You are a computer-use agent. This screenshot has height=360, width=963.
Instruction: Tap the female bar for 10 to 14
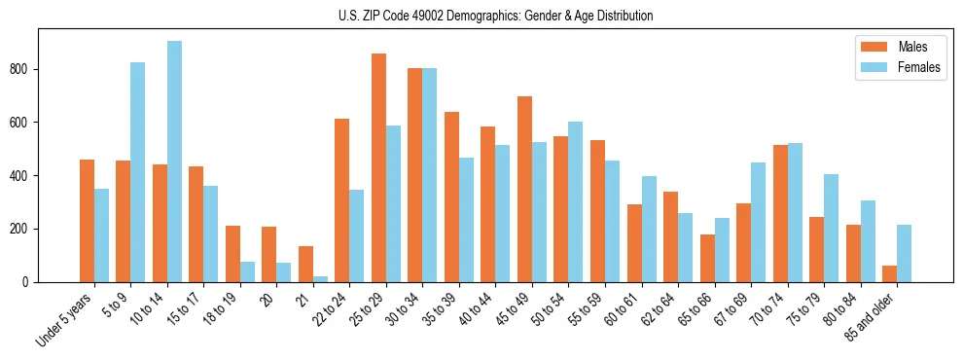174,162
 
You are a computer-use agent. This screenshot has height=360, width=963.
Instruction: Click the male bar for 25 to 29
378,167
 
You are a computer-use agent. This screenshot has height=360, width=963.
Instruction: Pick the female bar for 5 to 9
138,172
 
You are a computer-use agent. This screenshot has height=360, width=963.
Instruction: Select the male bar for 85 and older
889,273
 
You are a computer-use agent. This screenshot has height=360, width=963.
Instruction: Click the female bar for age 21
320,279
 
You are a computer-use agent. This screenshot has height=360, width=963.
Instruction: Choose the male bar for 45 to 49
524,189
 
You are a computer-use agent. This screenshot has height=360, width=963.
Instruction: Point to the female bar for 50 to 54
576,201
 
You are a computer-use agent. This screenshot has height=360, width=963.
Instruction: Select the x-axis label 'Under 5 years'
64,319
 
